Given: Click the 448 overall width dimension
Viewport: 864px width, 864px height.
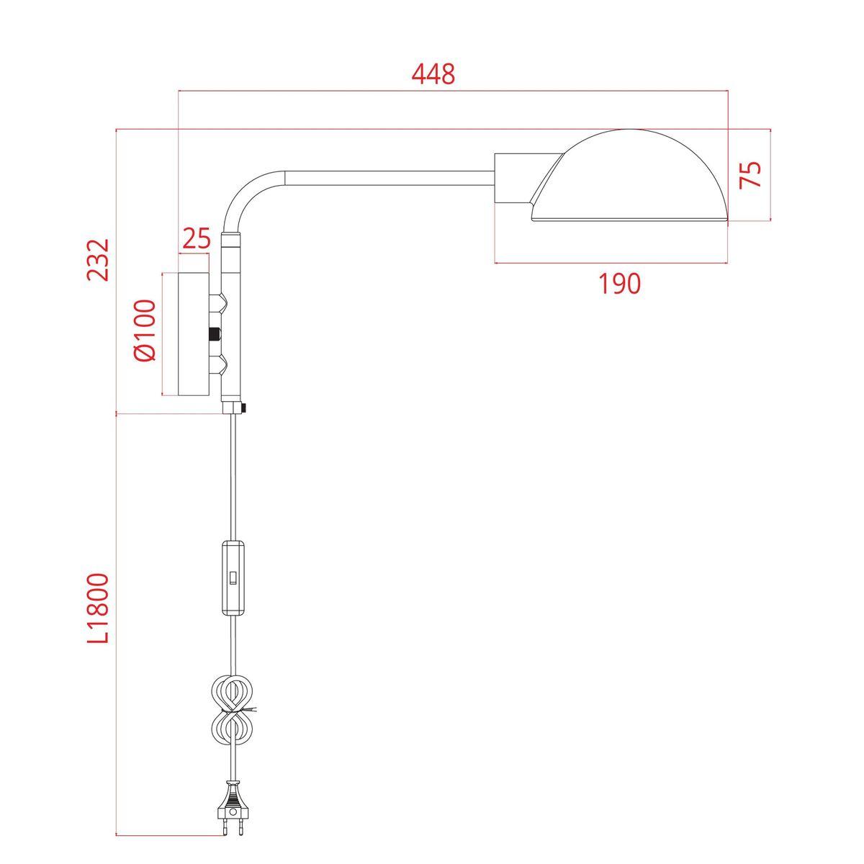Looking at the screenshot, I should click(433, 74).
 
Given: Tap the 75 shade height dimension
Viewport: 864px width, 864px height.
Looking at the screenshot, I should click(751, 174).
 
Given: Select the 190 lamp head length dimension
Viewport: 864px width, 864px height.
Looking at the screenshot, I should click(619, 284).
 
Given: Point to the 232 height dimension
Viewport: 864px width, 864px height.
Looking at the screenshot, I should click(98, 260).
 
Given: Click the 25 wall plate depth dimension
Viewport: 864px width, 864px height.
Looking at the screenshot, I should click(195, 238).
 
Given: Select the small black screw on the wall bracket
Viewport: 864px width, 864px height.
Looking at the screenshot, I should click(214, 334).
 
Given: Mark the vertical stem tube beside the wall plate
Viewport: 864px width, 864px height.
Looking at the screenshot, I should click(232, 324).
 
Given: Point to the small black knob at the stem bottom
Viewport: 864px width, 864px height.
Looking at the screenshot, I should click(245, 409).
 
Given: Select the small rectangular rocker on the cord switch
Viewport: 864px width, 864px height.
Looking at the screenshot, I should click(233, 577).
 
